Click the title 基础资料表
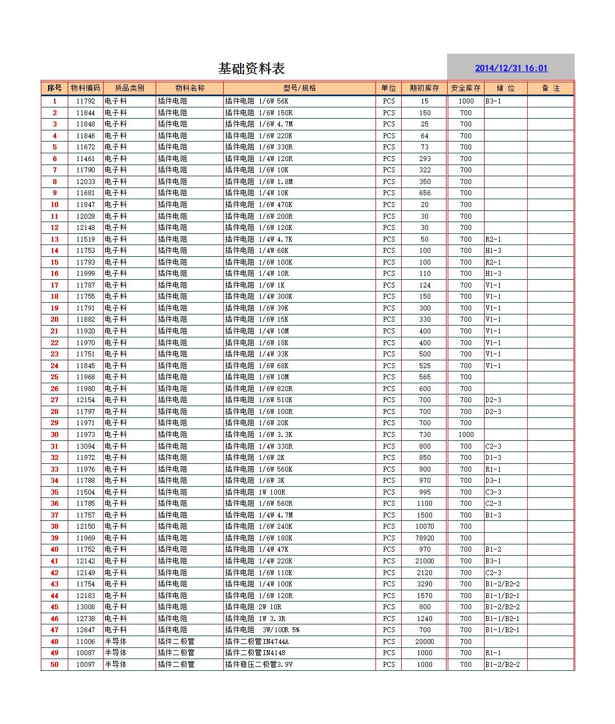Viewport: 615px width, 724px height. [x=251, y=69]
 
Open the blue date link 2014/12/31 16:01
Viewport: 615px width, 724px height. [x=511, y=68]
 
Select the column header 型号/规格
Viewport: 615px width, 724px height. [x=299, y=88]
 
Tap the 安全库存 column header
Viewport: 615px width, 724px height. [x=466, y=88]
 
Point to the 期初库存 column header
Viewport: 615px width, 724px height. [x=424, y=88]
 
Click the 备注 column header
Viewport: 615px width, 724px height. [x=551, y=88]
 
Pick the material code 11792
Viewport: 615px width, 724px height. [x=86, y=101]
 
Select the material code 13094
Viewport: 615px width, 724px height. [x=86, y=446]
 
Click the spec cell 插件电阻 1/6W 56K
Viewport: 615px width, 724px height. [x=257, y=101]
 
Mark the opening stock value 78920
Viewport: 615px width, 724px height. [x=425, y=538]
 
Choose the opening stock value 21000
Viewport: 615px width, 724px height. [x=425, y=561]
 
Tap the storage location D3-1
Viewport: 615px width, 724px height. [x=493, y=481]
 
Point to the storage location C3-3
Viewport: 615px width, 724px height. [x=493, y=492]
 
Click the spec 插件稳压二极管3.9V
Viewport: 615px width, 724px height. [x=259, y=665]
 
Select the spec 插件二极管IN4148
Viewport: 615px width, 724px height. [x=255, y=653]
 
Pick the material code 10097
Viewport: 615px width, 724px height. [x=86, y=665]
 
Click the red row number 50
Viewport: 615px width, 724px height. [x=54, y=665]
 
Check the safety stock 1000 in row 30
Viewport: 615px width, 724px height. [x=466, y=435]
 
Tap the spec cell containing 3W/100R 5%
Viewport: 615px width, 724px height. [x=262, y=630]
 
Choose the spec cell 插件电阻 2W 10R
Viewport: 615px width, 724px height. [x=253, y=607]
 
